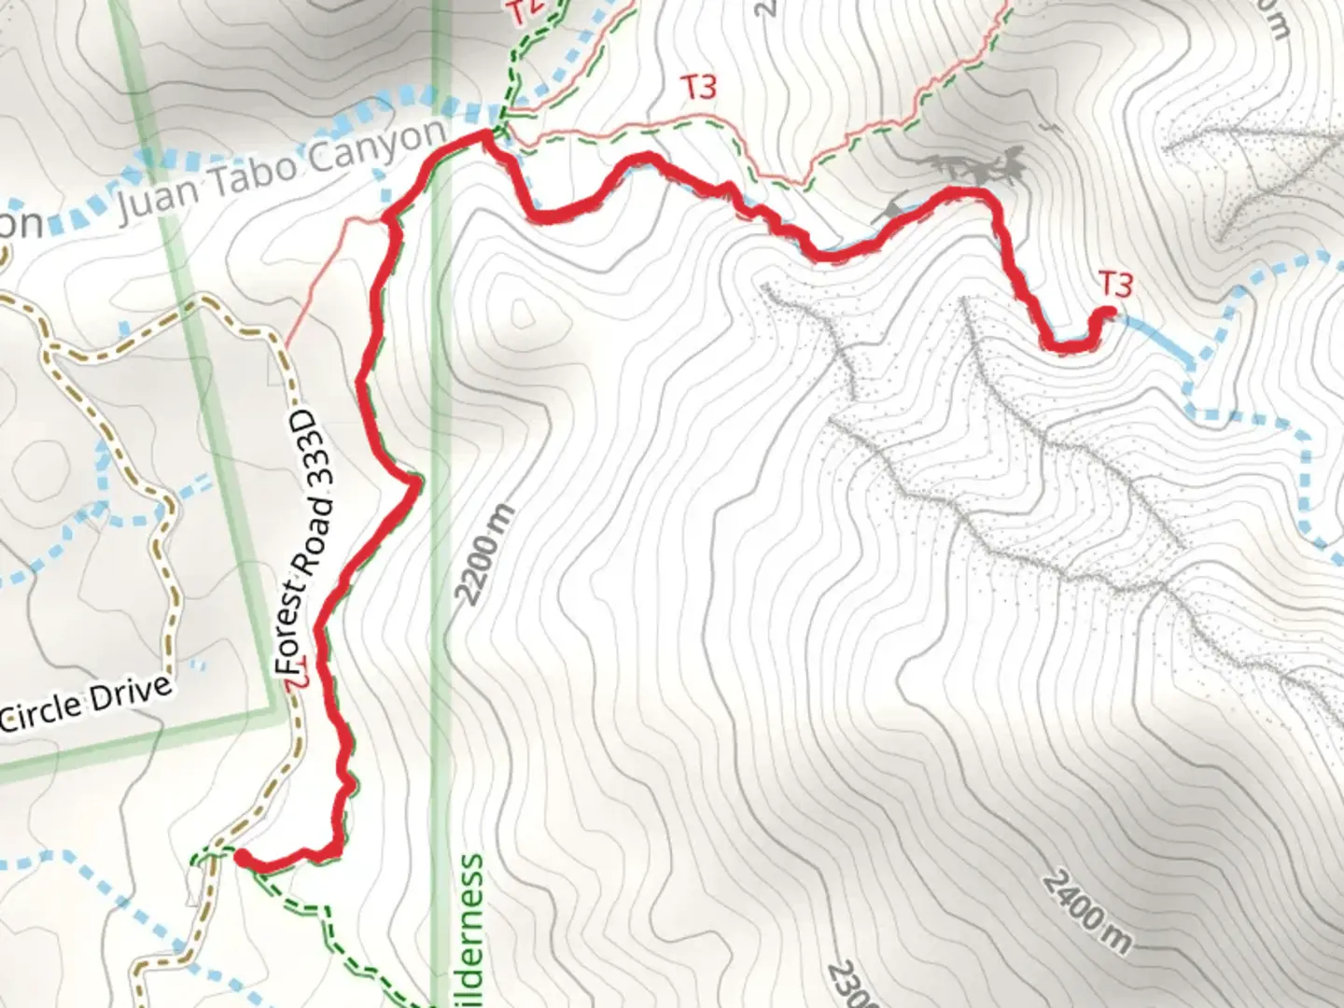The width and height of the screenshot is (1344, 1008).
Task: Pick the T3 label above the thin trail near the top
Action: click(x=699, y=88)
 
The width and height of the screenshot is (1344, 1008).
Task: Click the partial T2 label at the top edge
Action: click(x=525, y=11)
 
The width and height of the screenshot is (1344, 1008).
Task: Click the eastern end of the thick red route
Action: click(x=1110, y=313)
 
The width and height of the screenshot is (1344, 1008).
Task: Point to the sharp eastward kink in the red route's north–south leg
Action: click(x=416, y=481)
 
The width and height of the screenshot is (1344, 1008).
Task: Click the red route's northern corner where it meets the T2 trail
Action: click(x=485, y=138)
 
